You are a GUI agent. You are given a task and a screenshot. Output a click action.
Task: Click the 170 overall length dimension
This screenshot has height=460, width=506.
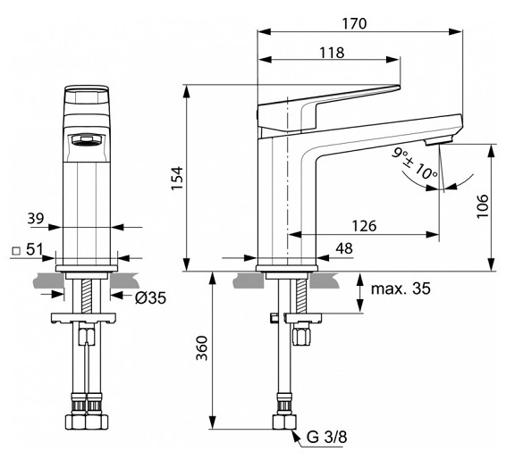point(354,23)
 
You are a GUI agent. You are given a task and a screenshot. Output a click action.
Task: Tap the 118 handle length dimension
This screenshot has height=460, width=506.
point(332,52)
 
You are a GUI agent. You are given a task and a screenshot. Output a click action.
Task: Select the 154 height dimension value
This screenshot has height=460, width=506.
point(177,179)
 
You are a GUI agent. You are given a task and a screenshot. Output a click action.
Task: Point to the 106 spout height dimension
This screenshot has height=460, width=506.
point(483,206)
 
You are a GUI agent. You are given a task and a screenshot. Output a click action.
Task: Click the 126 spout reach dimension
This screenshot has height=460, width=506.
point(364,226)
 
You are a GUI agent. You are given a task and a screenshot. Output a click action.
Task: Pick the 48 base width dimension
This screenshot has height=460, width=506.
point(344,248)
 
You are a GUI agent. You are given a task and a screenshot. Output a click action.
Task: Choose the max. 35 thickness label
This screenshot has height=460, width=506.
point(401,289)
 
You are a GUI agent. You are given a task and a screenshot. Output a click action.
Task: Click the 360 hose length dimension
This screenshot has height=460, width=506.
point(202,348)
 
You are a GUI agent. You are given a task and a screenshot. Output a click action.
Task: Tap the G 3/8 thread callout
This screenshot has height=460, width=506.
point(326,438)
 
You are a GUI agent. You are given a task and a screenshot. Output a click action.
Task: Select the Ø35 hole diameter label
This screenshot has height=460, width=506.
point(150,297)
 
